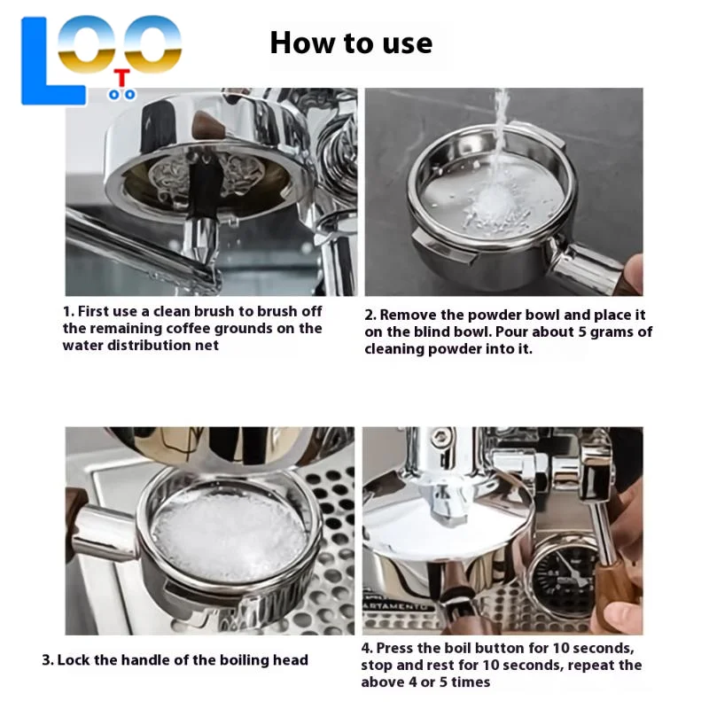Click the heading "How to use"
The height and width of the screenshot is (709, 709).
point(351,43)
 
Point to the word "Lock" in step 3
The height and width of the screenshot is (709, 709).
point(76,660)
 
